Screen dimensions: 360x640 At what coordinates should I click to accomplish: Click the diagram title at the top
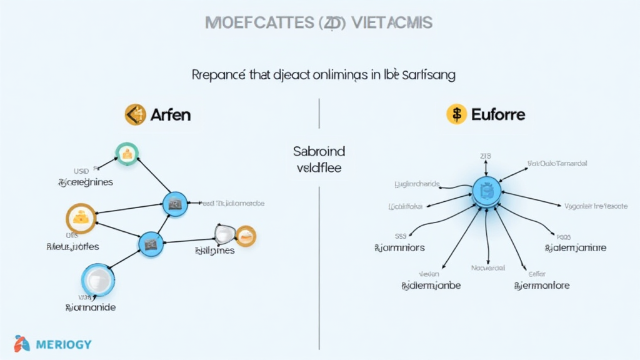tap(319, 22)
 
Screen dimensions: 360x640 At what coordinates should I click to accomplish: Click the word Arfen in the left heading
tap(171, 114)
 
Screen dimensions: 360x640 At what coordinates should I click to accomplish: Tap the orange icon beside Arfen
tap(135, 114)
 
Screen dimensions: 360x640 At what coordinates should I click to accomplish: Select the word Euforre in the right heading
tap(498, 114)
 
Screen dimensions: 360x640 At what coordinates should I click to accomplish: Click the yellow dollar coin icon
tap(457, 114)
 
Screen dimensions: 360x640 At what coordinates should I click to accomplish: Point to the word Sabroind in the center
tap(319, 151)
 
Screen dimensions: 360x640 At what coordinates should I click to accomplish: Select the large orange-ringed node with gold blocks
tap(81, 219)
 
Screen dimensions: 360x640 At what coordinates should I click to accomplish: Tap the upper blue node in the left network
tap(174, 202)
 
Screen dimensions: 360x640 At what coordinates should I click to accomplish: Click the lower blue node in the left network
tap(150, 242)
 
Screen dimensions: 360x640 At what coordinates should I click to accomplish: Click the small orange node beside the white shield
tap(246, 236)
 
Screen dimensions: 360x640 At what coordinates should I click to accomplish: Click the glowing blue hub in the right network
tap(485, 191)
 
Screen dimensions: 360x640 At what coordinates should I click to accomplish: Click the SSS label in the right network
tap(401, 236)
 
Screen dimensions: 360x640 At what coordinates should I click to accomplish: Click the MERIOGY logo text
tap(64, 344)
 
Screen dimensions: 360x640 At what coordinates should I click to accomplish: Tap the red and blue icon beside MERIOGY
tap(22, 344)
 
